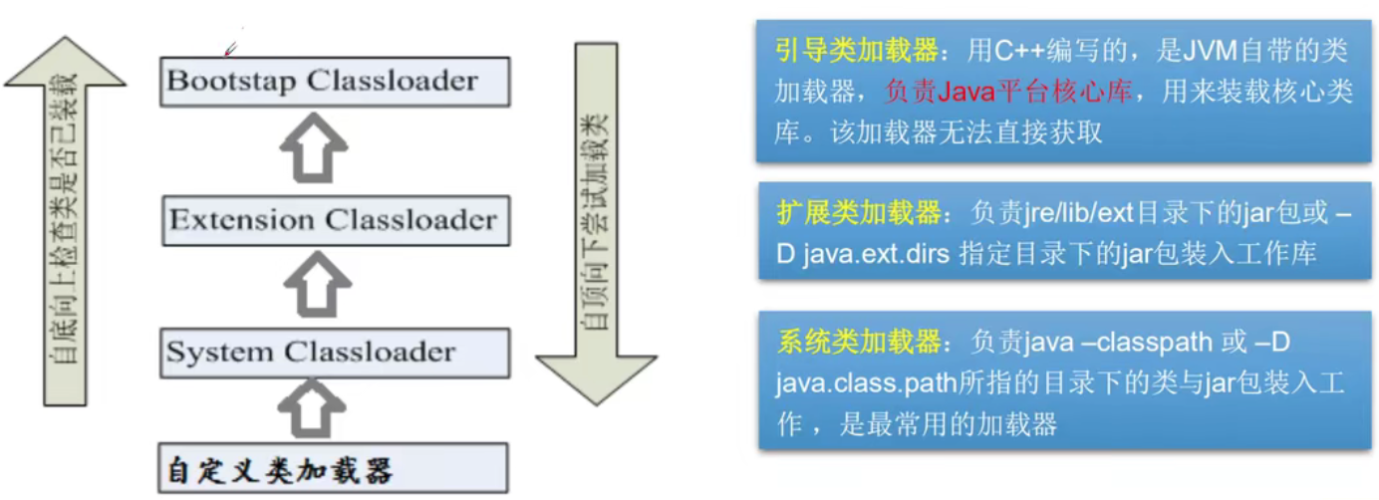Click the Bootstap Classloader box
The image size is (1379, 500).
tap(335, 82)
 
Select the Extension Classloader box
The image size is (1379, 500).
tap(335, 220)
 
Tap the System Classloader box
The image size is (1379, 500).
tap(335, 352)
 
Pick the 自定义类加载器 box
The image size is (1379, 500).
tap(335, 468)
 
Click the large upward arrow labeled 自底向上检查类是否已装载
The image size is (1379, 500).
tap(65, 219)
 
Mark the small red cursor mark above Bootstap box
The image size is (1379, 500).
tap(230, 49)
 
